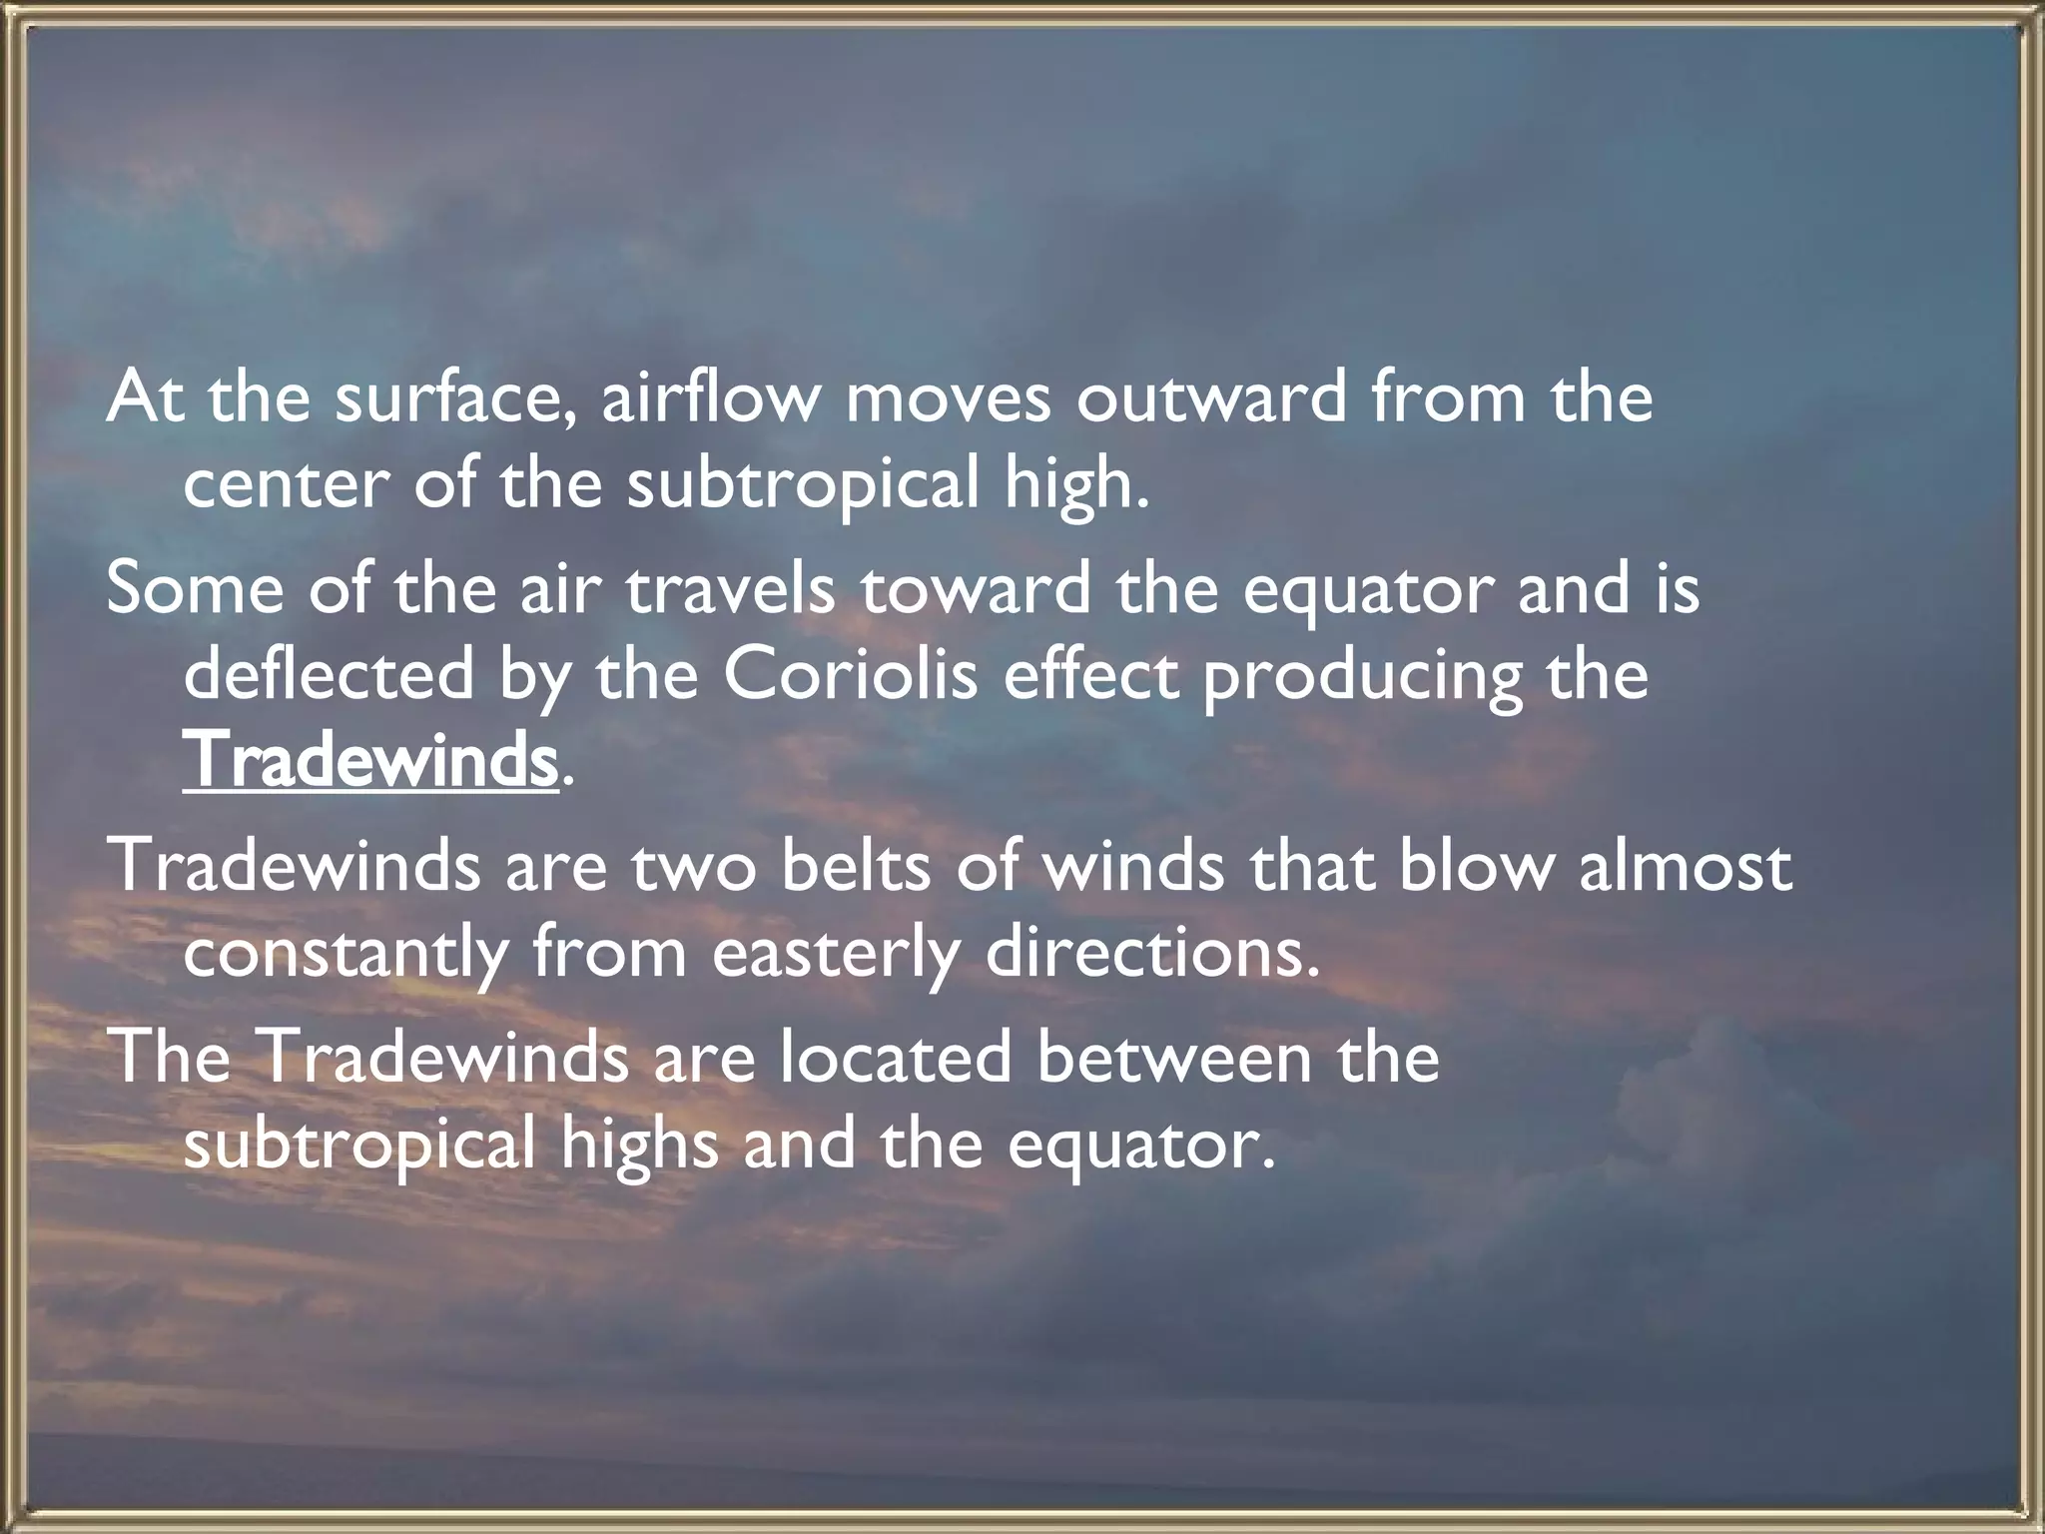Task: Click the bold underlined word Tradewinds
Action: [x=369, y=761]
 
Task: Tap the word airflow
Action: [x=710, y=397]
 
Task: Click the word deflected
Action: [x=329, y=674]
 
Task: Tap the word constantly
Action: [x=345, y=953]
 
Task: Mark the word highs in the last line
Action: [x=639, y=1145]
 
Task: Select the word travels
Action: [x=730, y=588]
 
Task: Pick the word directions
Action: [x=1152, y=953]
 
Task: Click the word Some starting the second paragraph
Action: [x=196, y=588]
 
